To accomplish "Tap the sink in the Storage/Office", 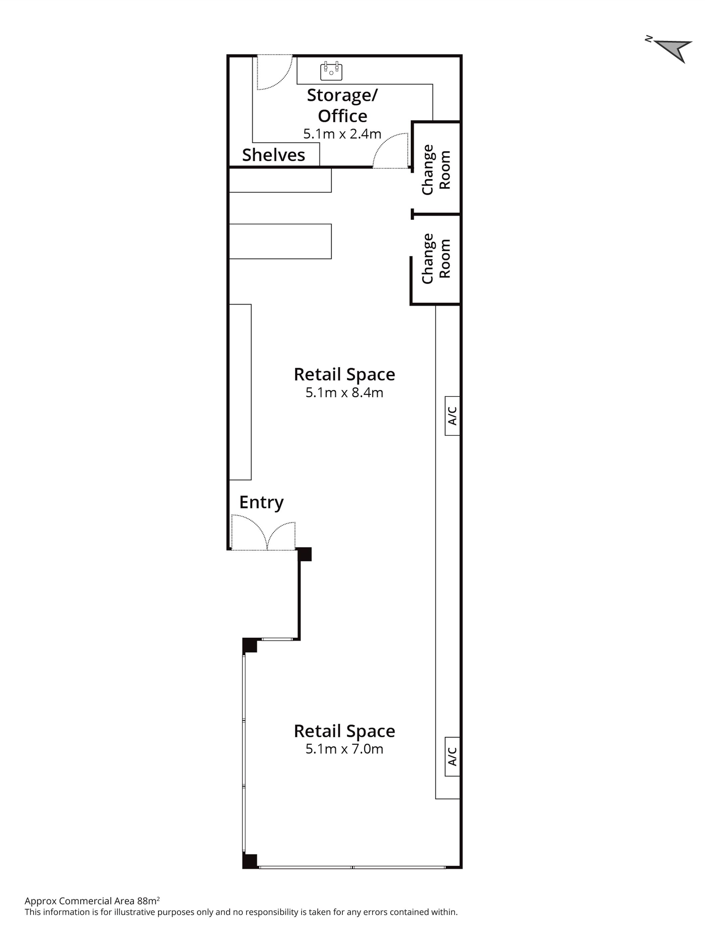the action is tap(331, 71).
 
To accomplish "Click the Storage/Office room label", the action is tap(342, 105).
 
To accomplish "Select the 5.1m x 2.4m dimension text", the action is tap(342, 134).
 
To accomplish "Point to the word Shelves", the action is tap(273, 155).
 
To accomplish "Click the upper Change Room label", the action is tap(436, 170).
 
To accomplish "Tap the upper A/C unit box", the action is tap(452, 415).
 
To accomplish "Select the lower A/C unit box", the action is tap(452, 757).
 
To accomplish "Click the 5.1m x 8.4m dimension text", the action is tap(344, 392).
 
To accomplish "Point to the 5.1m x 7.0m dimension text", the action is tap(344, 749).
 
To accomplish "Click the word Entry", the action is tap(261, 502).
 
